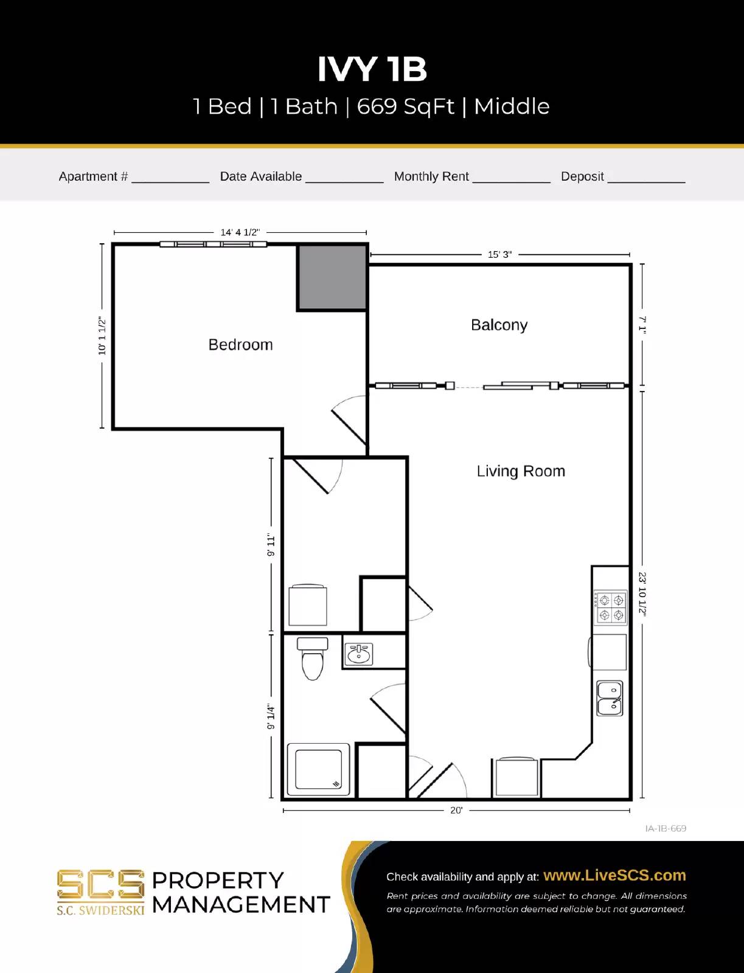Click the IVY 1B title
pos(372,69)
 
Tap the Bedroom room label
pos(240,345)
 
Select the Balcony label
pos(499,325)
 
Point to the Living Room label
pos(521,471)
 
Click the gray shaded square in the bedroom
pos(332,277)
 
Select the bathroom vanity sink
pos(359,654)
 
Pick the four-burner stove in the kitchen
pos(610,608)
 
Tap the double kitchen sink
pos(610,698)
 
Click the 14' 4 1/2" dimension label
pos(240,232)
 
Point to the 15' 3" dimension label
pos(499,254)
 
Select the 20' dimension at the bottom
pos(456,810)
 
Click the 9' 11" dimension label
pos(271,545)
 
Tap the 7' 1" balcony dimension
pos(642,325)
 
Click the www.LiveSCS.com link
pos(614,875)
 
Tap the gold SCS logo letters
pos(100,884)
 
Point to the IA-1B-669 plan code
pos(666,828)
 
